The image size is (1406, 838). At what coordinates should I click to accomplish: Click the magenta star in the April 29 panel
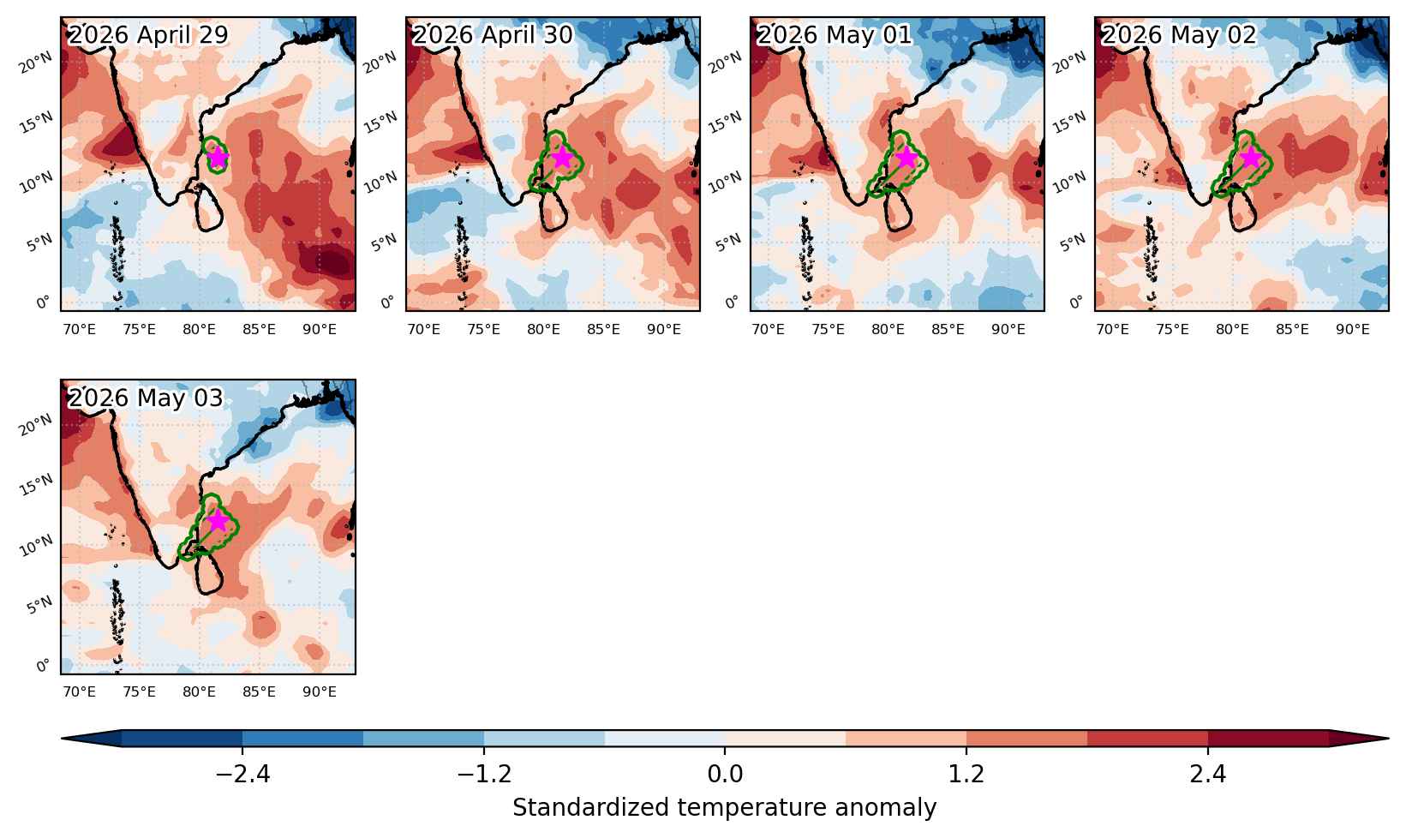click(x=217, y=157)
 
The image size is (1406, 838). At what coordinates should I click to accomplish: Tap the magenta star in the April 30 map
click(x=562, y=157)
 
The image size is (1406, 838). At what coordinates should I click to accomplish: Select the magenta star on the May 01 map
click(x=906, y=157)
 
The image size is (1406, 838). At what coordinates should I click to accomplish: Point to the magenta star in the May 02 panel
click(x=1251, y=157)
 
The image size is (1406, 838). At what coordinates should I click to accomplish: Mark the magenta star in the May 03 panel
click(x=217, y=520)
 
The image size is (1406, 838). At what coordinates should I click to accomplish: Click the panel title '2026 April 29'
click(x=148, y=34)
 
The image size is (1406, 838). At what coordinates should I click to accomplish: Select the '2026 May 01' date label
click(x=835, y=34)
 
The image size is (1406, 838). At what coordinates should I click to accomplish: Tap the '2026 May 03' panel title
click(x=145, y=398)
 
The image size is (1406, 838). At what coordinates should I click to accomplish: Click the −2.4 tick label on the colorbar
click(x=242, y=775)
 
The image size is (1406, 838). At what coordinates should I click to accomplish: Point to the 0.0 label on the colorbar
click(x=725, y=775)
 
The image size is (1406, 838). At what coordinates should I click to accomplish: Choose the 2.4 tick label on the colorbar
click(x=1208, y=775)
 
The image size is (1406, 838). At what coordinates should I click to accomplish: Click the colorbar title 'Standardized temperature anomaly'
click(x=724, y=807)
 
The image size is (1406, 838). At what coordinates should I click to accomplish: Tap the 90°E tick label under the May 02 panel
click(x=1353, y=330)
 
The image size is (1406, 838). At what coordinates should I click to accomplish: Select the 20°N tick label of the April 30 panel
click(x=380, y=63)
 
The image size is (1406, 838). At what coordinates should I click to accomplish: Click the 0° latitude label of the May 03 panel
click(x=42, y=666)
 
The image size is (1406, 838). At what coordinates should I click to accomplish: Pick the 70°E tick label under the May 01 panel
click(x=768, y=330)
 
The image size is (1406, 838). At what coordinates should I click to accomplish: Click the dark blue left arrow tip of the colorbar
click(x=63, y=739)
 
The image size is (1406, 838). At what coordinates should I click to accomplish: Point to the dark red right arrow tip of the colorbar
click(x=1387, y=739)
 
